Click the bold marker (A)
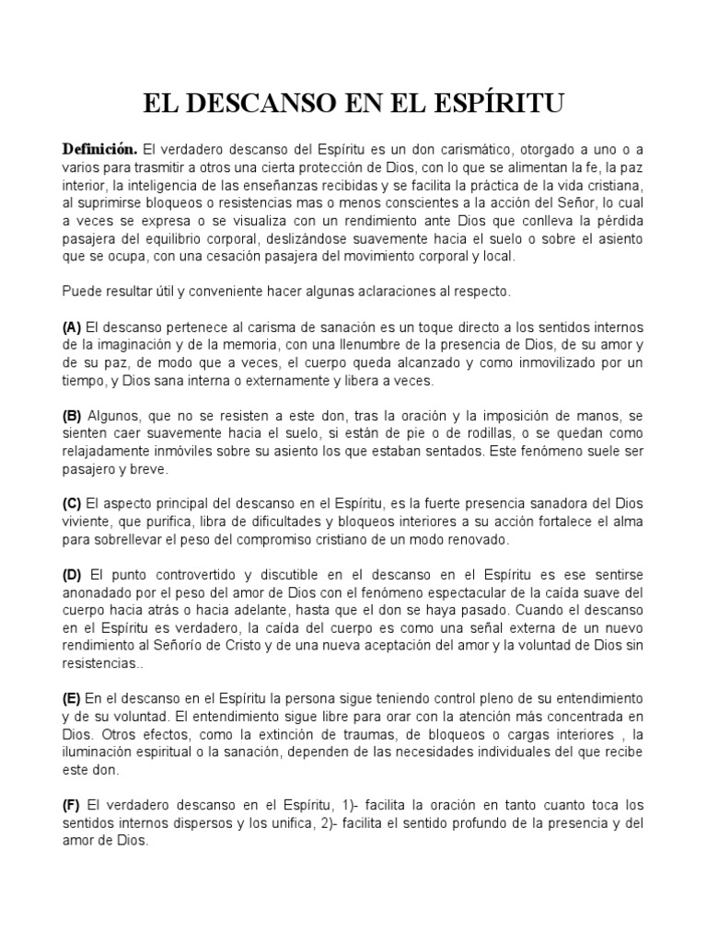point(73,328)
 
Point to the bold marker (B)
point(73,416)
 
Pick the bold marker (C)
point(73,503)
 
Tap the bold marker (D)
point(73,575)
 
